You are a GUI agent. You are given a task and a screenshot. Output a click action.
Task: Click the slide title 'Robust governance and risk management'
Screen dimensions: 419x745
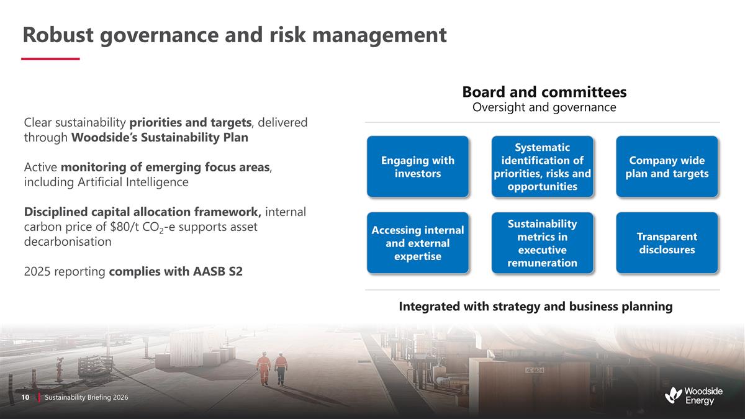click(234, 35)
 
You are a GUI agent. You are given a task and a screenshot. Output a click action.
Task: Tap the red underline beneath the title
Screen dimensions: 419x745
click(50, 59)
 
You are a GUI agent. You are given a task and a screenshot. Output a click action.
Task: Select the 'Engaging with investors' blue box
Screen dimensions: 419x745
click(417, 167)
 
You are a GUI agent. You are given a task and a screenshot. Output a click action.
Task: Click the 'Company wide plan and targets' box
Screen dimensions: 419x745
click(667, 167)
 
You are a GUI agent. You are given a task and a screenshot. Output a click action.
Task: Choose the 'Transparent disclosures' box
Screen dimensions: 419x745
click(667, 243)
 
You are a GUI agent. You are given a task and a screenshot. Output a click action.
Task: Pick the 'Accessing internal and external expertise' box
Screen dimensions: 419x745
click(417, 243)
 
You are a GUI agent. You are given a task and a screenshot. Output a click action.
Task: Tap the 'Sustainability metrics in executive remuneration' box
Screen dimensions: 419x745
click(542, 243)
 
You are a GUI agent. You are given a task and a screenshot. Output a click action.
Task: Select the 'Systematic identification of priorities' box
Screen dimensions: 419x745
click(542, 167)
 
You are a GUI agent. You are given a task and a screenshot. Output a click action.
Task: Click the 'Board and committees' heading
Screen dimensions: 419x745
click(544, 92)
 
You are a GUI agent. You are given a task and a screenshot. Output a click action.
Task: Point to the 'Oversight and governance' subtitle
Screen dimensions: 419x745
click(544, 108)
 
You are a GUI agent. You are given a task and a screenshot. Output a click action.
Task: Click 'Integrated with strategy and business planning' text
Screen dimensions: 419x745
click(535, 307)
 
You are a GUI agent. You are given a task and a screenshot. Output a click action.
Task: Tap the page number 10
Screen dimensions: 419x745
click(26, 397)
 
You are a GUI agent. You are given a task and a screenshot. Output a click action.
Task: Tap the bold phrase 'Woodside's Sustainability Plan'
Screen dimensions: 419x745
click(160, 138)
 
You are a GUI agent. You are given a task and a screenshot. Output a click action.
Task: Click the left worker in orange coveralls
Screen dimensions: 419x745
click(264, 369)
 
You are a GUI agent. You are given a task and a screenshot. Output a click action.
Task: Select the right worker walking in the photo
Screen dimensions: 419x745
click(281, 368)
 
